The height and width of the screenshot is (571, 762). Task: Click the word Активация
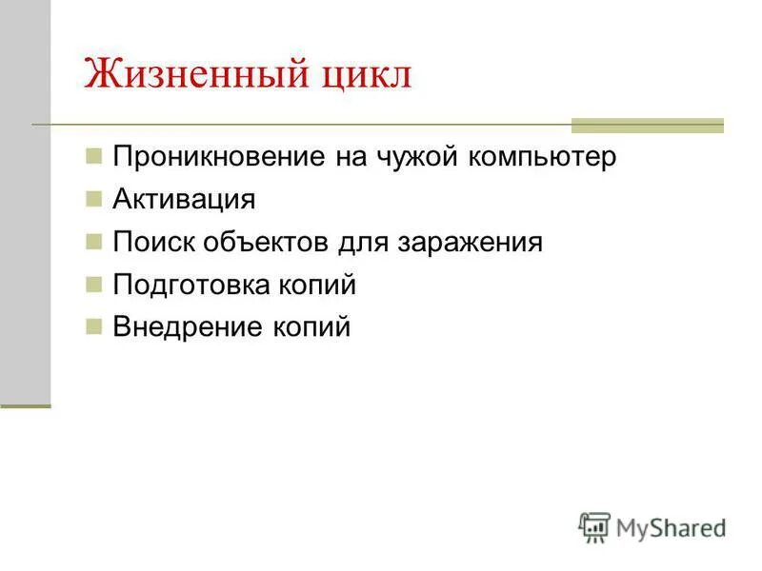184,200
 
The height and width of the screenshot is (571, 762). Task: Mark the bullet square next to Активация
92,198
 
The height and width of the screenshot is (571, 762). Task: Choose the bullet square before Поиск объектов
92,241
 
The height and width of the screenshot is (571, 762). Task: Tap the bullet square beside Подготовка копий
92,284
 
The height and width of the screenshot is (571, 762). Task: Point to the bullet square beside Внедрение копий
92,326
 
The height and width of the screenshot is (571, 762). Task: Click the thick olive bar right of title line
647,125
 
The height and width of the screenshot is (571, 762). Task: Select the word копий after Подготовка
320,285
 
